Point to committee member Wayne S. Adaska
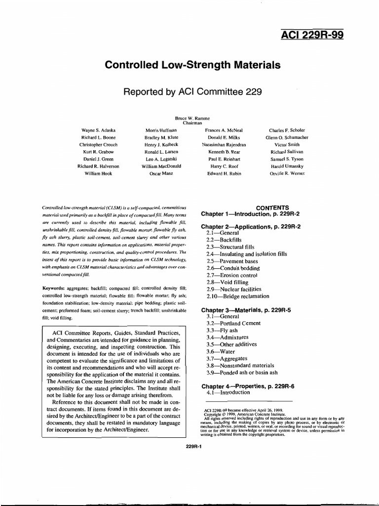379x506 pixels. coord(98,130)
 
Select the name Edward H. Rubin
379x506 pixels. coord(225,174)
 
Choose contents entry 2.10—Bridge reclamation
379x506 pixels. coord(238,296)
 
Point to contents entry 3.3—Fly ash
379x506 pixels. coord(222,331)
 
